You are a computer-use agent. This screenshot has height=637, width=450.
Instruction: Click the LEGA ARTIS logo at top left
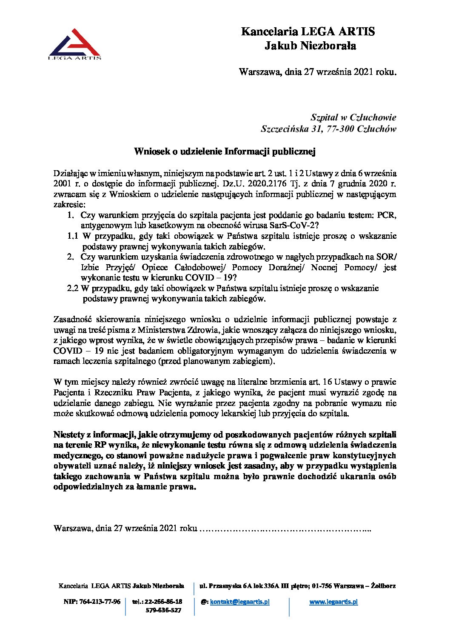pos(75,44)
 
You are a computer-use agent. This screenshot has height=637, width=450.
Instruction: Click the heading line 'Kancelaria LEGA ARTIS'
pos(308,32)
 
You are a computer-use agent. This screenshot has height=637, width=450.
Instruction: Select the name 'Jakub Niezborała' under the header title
pos(310,46)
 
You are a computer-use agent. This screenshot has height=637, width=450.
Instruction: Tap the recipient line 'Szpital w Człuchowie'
pos(353,117)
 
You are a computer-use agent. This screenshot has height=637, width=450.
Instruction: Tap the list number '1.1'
pos(73,236)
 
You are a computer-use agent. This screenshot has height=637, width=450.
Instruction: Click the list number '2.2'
pos(73,288)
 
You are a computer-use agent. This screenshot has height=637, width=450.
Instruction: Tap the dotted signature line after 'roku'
pos(285,528)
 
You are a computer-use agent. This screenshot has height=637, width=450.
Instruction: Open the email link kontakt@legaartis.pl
pos(240,602)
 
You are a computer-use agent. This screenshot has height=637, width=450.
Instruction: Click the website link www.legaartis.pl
pos(333,602)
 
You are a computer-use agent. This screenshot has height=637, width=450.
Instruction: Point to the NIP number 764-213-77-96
pos(92,602)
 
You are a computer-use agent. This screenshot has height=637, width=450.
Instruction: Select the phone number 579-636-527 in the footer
pos(163,610)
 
